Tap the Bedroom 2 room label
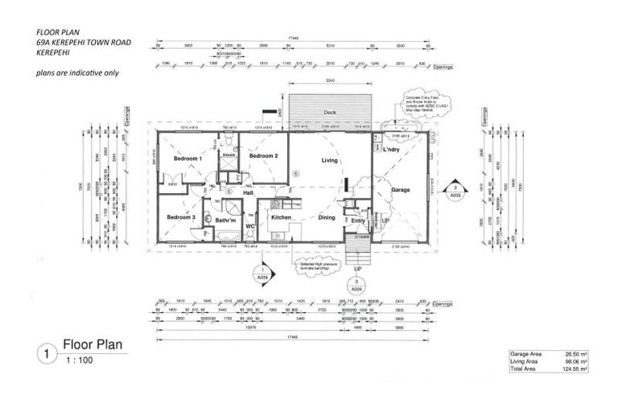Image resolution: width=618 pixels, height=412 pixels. [263, 155]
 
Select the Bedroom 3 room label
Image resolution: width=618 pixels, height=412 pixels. [181, 217]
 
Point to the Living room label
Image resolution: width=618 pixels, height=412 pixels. [330, 161]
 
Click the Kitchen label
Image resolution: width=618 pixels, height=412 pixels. [280, 217]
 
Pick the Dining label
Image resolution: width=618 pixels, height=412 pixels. [326, 217]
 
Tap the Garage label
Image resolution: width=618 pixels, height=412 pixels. [401, 190]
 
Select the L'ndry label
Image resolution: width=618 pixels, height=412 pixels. [392, 150]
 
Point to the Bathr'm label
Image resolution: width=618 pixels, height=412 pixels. [225, 220]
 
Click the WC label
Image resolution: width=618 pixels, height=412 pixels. [249, 226]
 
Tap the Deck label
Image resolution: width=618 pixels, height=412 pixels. [330, 113]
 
